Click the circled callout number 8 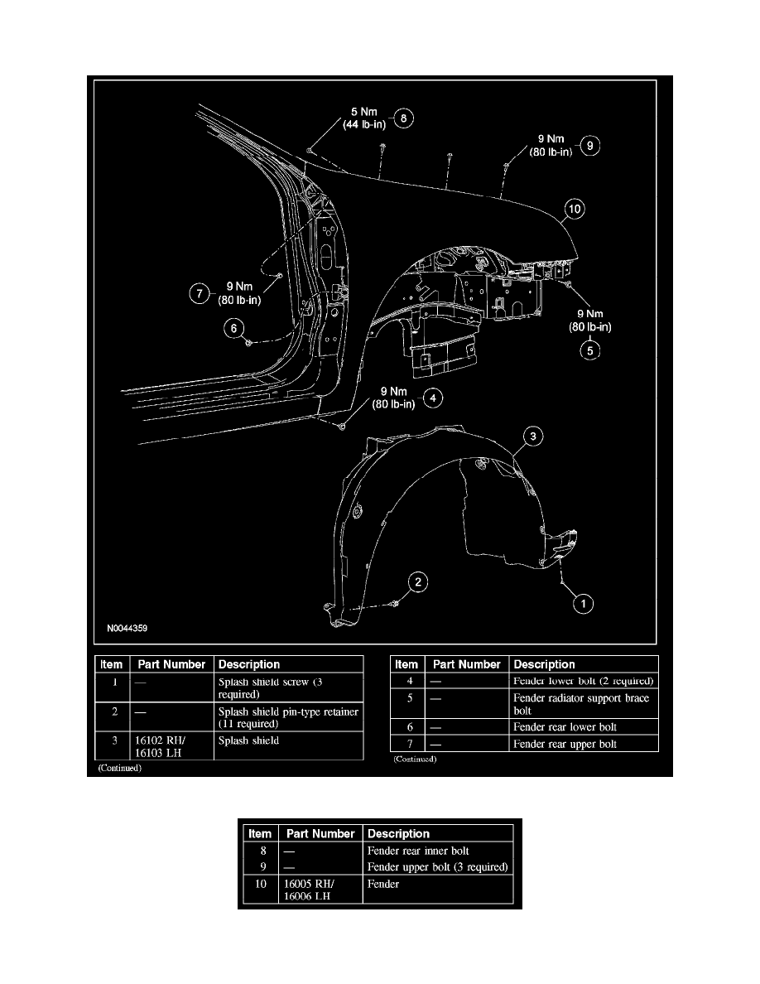[x=403, y=118]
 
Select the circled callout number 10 [x=574, y=210]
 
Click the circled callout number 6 [x=234, y=329]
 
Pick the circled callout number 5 [x=589, y=350]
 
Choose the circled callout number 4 [x=431, y=398]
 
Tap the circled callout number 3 [x=535, y=436]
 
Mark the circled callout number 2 [x=420, y=584]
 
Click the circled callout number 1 [x=585, y=605]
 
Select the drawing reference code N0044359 [x=128, y=629]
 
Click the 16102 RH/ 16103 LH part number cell [x=153, y=746]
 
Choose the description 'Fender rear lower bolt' [x=565, y=726]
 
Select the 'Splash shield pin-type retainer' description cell [x=287, y=717]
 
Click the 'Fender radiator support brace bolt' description [x=581, y=704]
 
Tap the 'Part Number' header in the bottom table [x=320, y=834]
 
